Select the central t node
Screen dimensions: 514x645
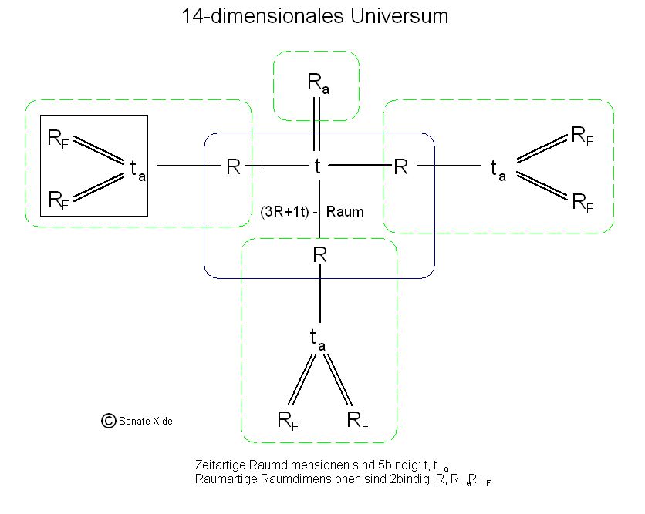tap(317, 166)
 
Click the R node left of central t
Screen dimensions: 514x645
tap(233, 166)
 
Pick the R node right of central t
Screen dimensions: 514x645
tap(401, 166)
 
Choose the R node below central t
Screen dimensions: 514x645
tap(319, 254)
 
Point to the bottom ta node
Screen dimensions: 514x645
tap(317, 338)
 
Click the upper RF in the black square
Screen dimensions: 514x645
tap(59, 139)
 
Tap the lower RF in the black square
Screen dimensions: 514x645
tap(59, 200)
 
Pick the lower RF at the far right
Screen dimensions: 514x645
tap(583, 202)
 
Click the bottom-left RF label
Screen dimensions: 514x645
tap(288, 421)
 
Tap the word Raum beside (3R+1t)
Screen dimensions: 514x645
tap(345, 211)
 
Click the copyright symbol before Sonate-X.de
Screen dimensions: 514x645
tap(109, 420)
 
